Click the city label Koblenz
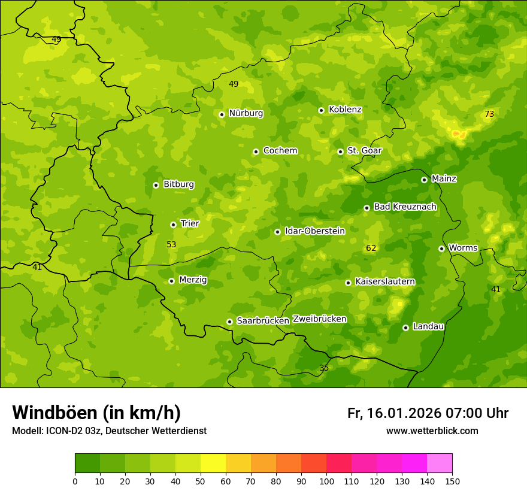point(345,110)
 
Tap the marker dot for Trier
point(173,225)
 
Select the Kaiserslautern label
point(385,281)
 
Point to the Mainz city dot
point(424,180)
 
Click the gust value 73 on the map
point(489,114)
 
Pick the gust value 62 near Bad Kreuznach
point(371,248)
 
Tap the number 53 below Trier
point(171,244)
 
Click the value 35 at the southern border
point(324,368)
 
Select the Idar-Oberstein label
point(315,231)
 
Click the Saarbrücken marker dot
point(229,322)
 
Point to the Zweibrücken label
point(319,319)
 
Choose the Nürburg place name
point(246,113)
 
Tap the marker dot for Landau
point(405,328)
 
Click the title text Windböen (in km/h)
point(96,413)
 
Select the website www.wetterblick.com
point(432,431)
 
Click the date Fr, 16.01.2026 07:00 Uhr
point(428,413)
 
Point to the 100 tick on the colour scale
point(326,481)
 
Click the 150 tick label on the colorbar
point(452,481)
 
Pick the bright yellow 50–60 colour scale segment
point(213,463)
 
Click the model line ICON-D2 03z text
point(109,431)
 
